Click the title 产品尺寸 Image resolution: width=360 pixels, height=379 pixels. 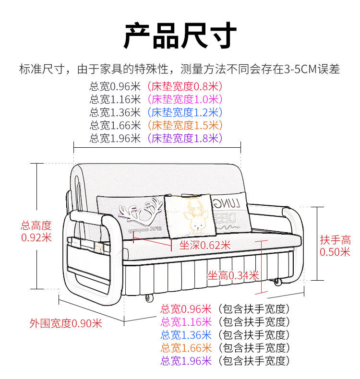(x=180, y=36)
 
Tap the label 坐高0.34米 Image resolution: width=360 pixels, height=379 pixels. (x=233, y=275)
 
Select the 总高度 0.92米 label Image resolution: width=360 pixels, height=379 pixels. (x=36, y=231)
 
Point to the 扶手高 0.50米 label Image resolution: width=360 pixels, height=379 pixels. (x=336, y=246)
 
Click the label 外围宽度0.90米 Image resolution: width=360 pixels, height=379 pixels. (x=66, y=323)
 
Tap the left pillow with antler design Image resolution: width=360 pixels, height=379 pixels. (x=132, y=216)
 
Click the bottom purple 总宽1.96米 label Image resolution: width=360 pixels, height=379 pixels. (x=186, y=361)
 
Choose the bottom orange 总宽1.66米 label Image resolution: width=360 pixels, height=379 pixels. (x=186, y=348)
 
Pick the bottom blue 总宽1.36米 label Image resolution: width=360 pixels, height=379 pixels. (x=186, y=335)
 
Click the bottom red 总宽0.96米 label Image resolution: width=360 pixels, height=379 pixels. (x=186, y=309)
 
